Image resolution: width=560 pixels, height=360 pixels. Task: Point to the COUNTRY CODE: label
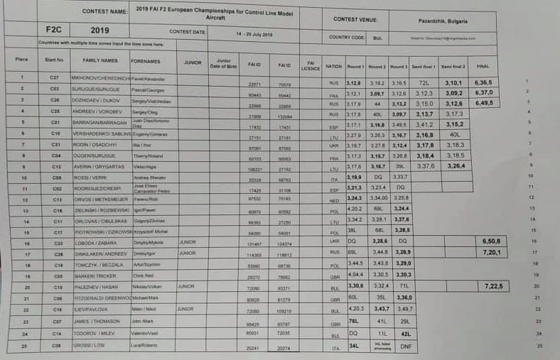point(346,37)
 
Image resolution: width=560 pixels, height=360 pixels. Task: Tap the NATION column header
point(333,65)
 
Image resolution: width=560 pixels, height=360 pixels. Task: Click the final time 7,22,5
point(493,285)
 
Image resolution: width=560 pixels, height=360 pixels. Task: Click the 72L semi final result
point(425,83)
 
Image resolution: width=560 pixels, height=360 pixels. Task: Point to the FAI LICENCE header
point(311,65)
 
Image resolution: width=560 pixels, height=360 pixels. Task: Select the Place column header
point(21,60)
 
